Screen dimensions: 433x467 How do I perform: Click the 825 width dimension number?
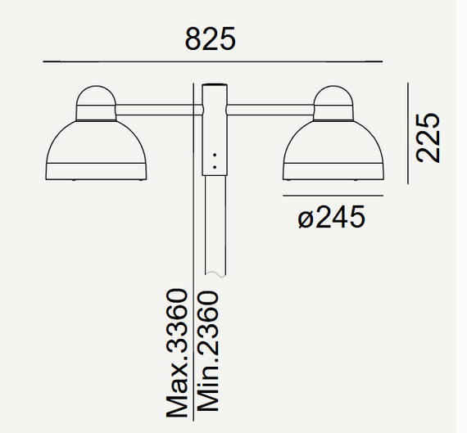point(211,38)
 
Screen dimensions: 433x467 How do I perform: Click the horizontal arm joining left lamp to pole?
point(156,106)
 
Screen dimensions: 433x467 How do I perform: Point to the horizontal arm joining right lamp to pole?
point(270,106)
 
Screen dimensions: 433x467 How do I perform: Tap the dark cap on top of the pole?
point(215,85)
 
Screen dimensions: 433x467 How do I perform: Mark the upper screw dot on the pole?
point(215,154)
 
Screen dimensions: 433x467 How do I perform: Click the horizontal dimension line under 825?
point(211,61)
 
